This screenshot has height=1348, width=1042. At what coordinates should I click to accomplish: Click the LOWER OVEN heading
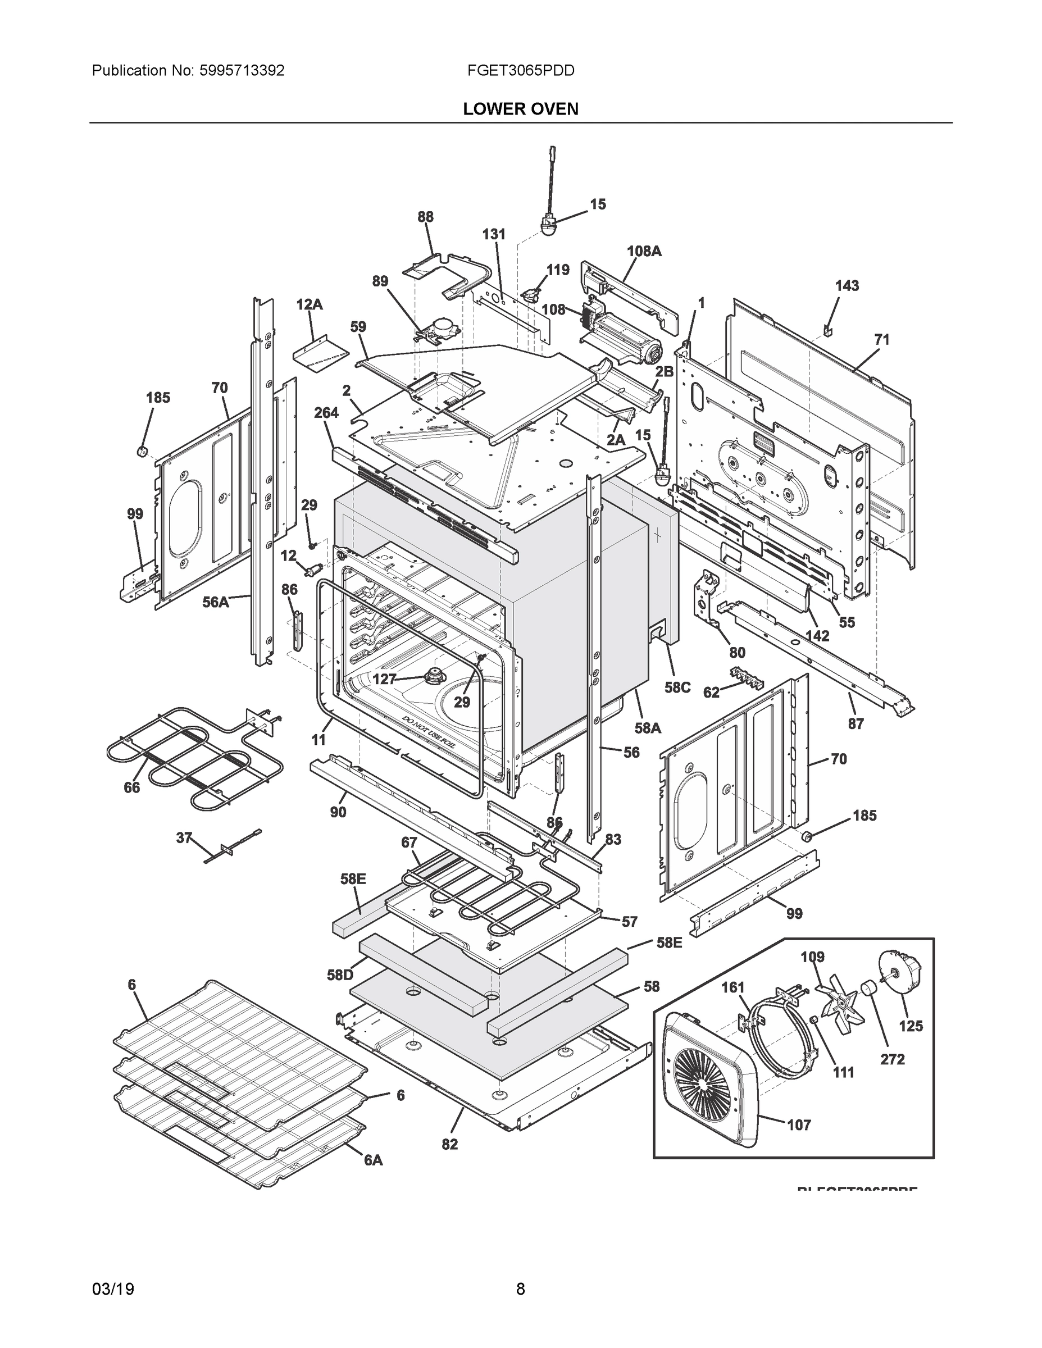(x=520, y=110)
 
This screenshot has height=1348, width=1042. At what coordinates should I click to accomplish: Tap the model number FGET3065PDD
(x=520, y=71)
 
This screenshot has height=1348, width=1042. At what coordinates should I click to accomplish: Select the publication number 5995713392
(x=242, y=71)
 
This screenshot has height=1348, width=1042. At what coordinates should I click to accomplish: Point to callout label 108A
(x=644, y=251)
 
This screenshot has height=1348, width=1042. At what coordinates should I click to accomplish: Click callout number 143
(x=847, y=286)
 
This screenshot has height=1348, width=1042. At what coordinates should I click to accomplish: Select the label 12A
(x=310, y=305)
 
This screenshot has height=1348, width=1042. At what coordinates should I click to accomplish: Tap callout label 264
(x=326, y=413)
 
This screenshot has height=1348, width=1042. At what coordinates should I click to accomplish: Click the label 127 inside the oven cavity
(x=384, y=679)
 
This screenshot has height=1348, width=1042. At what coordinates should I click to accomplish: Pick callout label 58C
(x=677, y=687)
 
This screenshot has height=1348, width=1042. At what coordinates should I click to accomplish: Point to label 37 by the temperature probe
(x=184, y=837)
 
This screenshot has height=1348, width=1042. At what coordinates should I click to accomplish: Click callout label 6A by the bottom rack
(x=373, y=1160)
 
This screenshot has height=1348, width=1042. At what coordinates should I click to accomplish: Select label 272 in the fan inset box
(x=893, y=1059)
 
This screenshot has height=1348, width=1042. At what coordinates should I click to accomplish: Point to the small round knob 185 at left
(x=142, y=451)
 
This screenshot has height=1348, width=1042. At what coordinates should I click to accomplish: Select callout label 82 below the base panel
(x=449, y=1144)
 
